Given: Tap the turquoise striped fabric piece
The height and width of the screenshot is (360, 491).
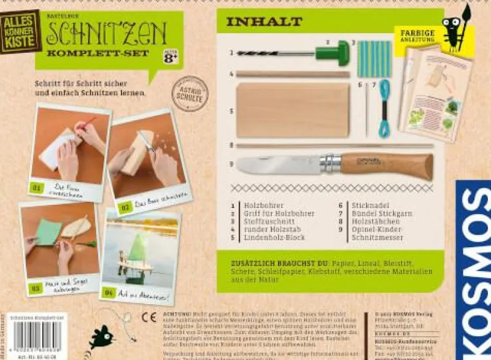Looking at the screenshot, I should point(374,59).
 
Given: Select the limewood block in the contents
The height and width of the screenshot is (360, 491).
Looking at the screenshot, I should point(293,110).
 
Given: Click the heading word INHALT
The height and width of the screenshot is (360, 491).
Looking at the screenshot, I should point(264,21).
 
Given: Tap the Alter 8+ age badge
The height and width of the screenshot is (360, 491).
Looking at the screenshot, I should point(170,55).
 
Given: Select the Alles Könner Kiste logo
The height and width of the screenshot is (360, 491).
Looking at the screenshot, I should point(20,31).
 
